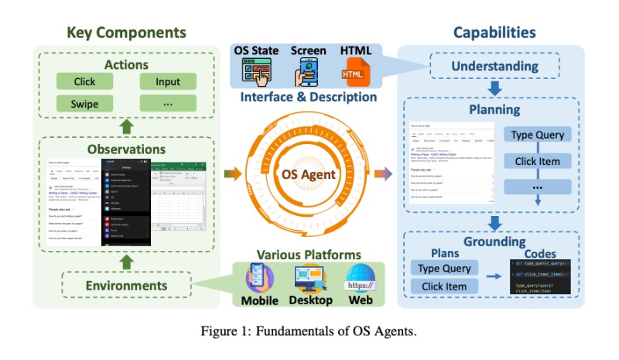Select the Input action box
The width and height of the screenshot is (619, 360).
pos(167,81)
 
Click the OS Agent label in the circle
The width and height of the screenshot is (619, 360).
pos(308,174)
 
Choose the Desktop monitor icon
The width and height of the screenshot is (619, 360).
pos(311,280)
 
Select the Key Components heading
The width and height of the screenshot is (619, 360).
pos(126,33)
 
